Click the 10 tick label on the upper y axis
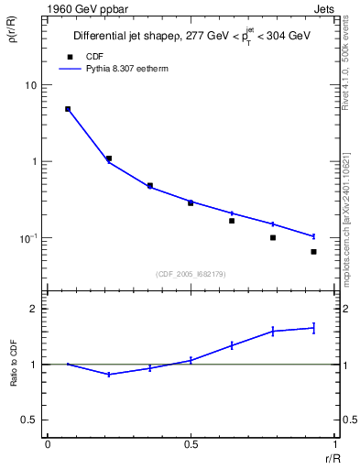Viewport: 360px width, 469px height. point(31,85)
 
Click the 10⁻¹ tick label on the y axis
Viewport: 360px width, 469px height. point(28,238)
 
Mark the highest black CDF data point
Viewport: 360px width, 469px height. point(68,109)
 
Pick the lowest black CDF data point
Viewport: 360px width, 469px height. point(313,252)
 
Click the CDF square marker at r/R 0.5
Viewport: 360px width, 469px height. point(191,202)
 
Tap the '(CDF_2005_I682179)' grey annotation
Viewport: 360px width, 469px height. point(191,273)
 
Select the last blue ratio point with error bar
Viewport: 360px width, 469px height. point(313,327)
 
